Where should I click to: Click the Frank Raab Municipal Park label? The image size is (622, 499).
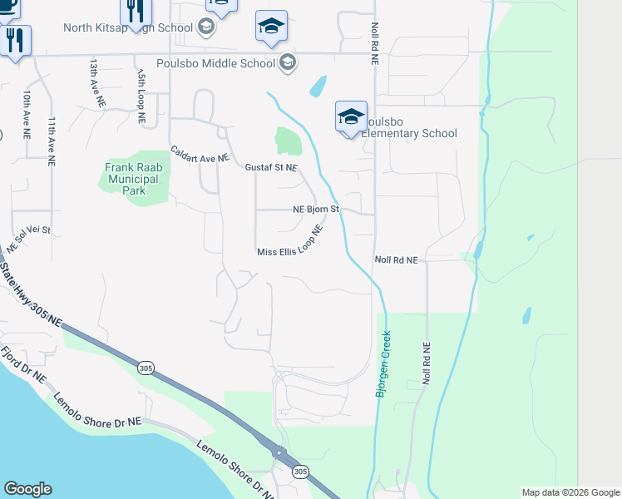pyautogui.click(x=131, y=179)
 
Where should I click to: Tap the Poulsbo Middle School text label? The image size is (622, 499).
pyautogui.click(x=215, y=63)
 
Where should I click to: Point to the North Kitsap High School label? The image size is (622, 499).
pyautogui.click(x=128, y=27)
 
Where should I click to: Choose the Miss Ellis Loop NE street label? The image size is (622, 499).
pyautogui.click(x=289, y=251)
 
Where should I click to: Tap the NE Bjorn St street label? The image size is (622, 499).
pyautogui.click(x=316, y=210)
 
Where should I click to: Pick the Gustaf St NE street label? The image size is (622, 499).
pyautogui.click(x=270, y=167)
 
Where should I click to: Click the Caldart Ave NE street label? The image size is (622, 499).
pyautogui.click(x=200, y=156)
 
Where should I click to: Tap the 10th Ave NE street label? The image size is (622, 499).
pyautogui.click(x=27, y=114)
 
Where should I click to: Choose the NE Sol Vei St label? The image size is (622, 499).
pyautogui.click(x=28, y=238)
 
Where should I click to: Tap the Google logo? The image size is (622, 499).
pyautogui.click(x=27, y=489)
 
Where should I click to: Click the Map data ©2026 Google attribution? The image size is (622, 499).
pyautogui.click(x=569, y=492)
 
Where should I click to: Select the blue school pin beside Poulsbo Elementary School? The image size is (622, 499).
pyautogui.click(x=351, y=116)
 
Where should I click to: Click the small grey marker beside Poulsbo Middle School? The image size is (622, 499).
pyautogui.click(x=288, y=62)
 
